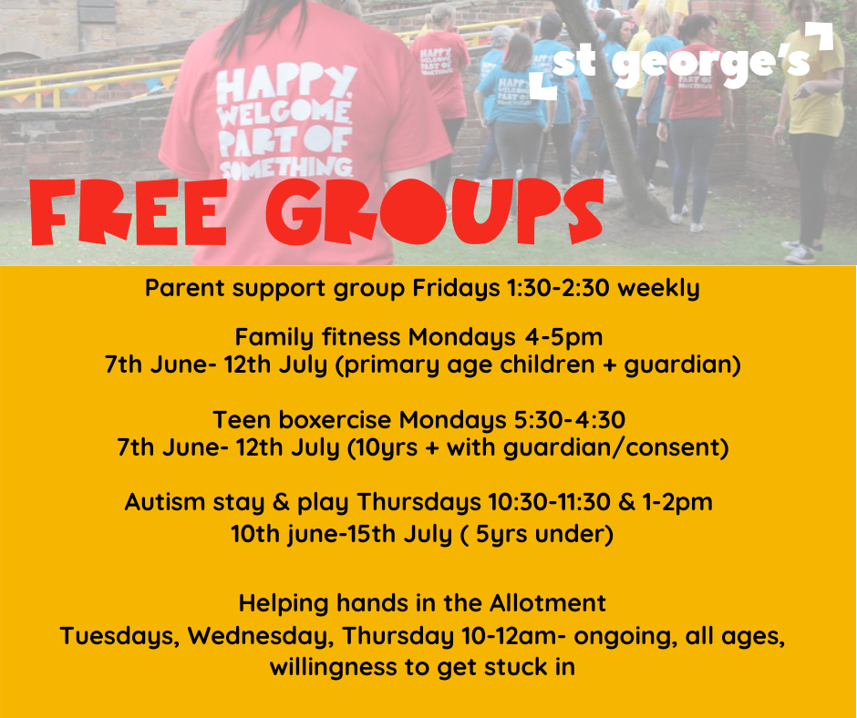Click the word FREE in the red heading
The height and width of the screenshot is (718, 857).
[x=129, y=212]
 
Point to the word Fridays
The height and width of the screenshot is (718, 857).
[x=457, y=289]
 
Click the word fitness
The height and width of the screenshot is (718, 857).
[x=361, y=337]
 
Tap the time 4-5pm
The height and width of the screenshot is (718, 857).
[x=563, y=338]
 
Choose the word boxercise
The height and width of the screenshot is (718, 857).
[x=335, y=420]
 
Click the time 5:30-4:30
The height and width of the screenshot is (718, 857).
[x=570, y=420]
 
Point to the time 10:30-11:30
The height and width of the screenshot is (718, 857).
[x=549, y=502]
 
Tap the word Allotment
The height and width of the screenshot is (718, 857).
[x=548, y=603]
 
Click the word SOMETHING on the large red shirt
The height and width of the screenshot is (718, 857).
[x=286, y=169]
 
